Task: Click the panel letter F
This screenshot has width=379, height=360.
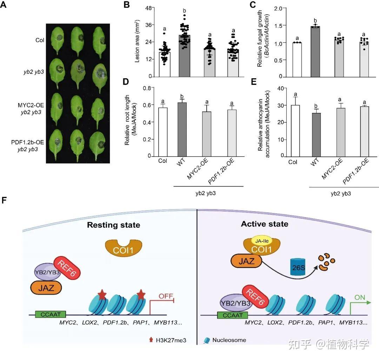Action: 4,200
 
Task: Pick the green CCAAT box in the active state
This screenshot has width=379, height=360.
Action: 232,315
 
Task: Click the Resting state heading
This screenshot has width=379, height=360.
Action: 113,225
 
